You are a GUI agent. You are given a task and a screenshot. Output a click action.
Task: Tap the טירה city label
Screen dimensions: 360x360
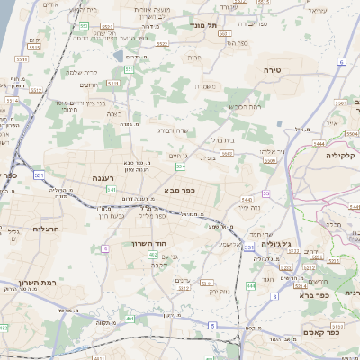(x=273, y=69)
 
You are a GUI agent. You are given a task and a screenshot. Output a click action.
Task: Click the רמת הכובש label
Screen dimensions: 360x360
(x=245, y=106)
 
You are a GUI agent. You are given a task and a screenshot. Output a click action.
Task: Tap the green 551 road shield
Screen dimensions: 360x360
(x=129, y=68)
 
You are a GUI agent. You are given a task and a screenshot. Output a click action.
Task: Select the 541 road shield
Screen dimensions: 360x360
(x=111, y=190)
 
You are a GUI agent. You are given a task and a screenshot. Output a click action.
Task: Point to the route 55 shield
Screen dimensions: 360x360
(x=266, y=193)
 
